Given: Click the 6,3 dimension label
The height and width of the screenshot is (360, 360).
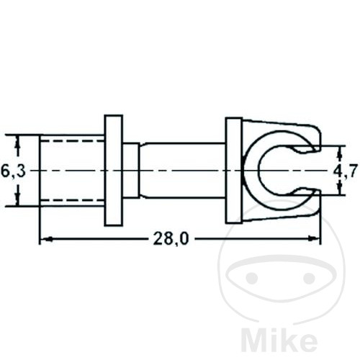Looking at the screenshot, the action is (x=13, y=171).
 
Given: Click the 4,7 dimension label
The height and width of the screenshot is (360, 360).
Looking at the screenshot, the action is (x=346, y=171).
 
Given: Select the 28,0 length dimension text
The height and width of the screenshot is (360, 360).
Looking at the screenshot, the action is (x=171, y=239).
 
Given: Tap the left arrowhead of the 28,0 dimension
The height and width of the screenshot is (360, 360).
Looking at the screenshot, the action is (x=46, y=238).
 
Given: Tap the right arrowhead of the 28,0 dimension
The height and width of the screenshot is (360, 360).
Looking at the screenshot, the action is (x=314, y=238).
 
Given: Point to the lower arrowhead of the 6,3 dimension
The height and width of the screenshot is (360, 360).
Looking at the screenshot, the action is (x=17, y=199).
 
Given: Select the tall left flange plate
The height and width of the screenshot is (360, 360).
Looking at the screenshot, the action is (x=114, y=171).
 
